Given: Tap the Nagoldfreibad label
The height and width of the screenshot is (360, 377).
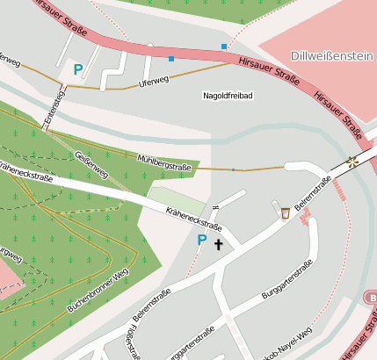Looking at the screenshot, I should click(x=228, y=95).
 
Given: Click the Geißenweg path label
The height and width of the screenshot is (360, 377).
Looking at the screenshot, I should click(x=92, y=164).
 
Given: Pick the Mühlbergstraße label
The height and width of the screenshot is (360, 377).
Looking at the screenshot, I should click(x=165, y=160).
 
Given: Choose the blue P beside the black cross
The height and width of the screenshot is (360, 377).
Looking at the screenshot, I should click(x=201, y=240).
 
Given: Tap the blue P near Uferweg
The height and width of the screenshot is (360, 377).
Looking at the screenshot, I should click(x=78, y=68).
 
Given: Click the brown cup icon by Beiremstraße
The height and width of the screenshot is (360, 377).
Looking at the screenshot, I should click(x=286, y=212).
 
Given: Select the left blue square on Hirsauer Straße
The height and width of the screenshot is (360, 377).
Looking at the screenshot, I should click(x=170, y=59).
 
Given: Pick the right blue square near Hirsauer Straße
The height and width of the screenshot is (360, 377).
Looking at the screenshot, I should click(x=224, y=46).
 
